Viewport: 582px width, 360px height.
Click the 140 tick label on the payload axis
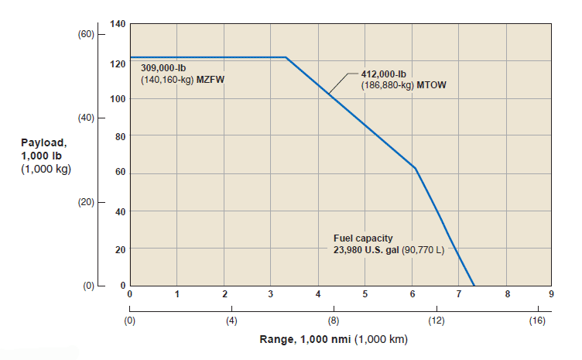click(x=118, y=25)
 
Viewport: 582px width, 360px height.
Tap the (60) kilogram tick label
click(x=85, y=35)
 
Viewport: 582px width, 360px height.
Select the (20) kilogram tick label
click(x=85, y=202)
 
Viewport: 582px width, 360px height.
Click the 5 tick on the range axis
click(x=365, y=294)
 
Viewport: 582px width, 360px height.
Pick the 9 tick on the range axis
click(x=551, y=294)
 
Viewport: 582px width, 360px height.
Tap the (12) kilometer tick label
click(x=435, y=321)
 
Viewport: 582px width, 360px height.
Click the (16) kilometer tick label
click(x=536, y=321)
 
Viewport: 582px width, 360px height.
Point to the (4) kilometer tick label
click(x=231, y=321)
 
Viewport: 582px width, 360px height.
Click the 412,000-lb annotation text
click(x=385, y=75)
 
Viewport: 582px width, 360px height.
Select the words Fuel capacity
click(x=363, y=239)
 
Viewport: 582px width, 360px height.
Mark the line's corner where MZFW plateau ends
click(x=286, y=57)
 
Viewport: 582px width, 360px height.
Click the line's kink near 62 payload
click(x=416, y=168)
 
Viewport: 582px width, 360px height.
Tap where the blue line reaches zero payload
click(x=474, y=286)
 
